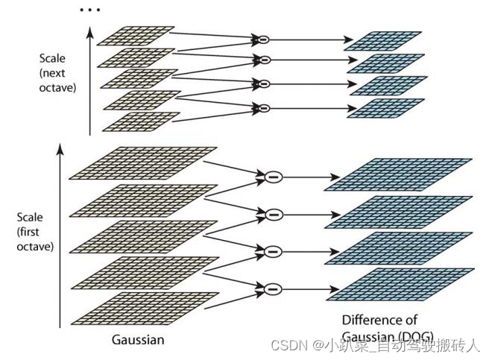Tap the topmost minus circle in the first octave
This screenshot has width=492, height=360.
(274, 177)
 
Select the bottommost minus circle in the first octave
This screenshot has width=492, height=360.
(274, 287)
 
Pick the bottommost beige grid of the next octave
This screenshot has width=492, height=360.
(141, 121)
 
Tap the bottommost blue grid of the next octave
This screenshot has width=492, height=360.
(386, 108)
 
